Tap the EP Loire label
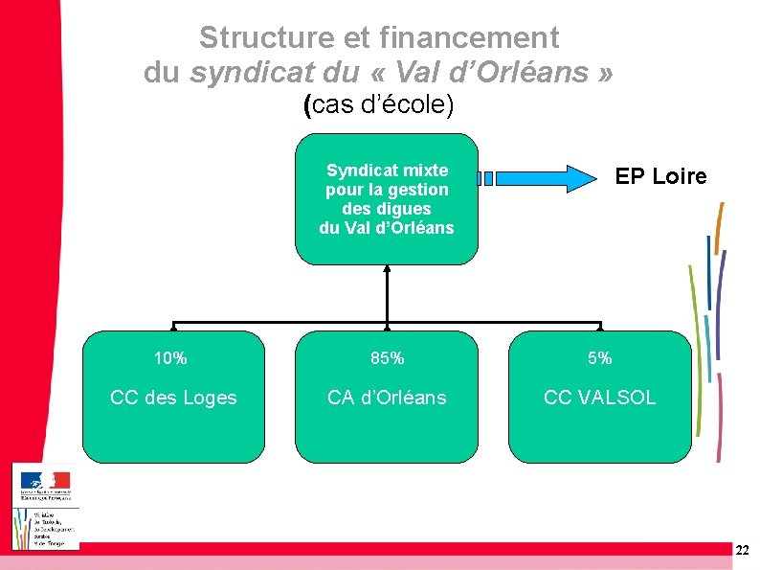tap(660, 176)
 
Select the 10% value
tap(170, 358)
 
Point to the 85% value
tap(387, 358)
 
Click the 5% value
tap(599, 358)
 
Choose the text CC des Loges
tap(173, 398)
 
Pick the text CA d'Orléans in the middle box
tap(387, 398)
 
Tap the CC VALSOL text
tap(599, 398)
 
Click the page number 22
tap(743, 550)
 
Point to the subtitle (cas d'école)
tap(378, 104)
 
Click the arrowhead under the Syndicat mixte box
tap(387, 270)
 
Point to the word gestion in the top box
tap(418, 190)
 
